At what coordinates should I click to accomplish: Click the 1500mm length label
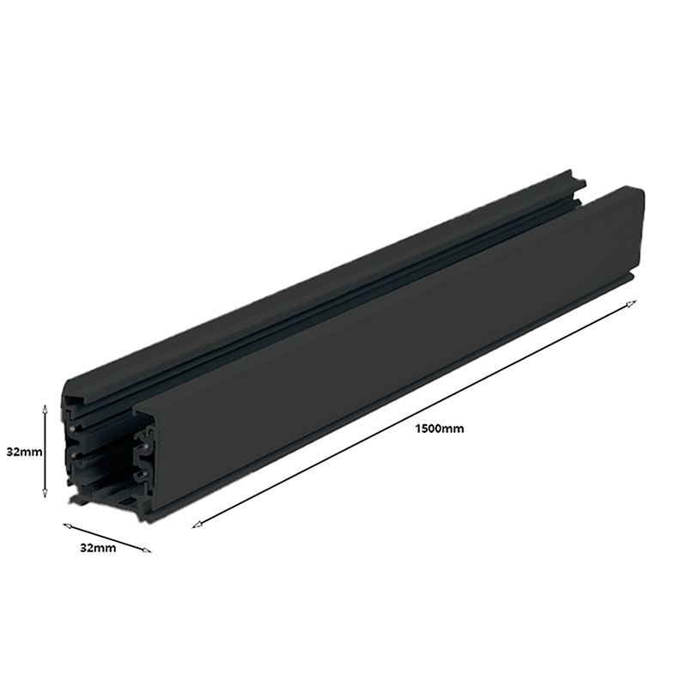(x=438, y=429)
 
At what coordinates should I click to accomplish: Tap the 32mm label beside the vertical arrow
(x=21, y=450)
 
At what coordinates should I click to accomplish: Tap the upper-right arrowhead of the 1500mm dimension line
(x=634, y=302)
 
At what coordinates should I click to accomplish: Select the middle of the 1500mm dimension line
(x=415, y=413)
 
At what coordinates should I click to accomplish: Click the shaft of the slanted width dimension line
(x=106, y=537)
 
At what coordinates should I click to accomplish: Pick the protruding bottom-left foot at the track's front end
(x=70, y=499)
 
